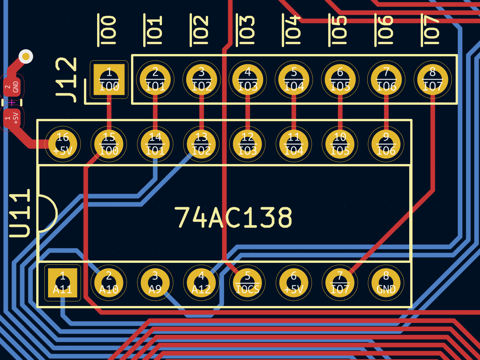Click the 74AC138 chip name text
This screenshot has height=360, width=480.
pos(233,217)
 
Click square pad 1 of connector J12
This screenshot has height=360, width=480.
pos(109,79)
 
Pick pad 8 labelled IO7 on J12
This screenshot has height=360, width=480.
pos(433,79)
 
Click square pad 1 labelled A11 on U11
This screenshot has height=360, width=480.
pos(63,283)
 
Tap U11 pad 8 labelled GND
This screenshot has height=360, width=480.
pos(386,283)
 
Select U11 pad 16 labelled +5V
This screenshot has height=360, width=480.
pos(63,144)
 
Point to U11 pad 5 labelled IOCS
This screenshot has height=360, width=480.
pos(248,283)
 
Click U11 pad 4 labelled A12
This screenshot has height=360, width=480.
pos(201,283)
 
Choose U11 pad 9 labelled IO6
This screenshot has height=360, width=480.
pos(386,144)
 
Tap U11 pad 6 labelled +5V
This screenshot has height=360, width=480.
pos(294,283)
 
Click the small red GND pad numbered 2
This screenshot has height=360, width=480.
pos(12,87)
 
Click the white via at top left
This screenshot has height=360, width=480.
pos(26,57)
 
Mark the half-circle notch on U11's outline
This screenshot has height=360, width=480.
pos(48,213)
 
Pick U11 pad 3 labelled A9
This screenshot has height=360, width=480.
pos(155,283)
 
